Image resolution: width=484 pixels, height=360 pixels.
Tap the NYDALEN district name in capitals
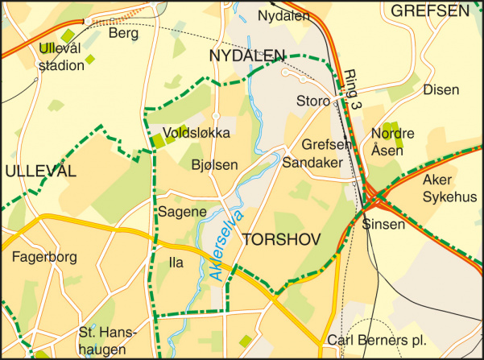coord(246,55)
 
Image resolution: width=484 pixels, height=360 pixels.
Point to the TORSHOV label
coord(281,240)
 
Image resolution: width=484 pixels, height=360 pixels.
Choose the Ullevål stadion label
coord(61,57)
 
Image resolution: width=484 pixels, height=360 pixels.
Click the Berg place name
coord(123,34)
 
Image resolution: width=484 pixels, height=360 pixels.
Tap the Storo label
coord(313,102)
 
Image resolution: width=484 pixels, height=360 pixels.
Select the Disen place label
coord(441,89)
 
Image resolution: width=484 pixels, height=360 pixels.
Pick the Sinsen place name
coord(383,225)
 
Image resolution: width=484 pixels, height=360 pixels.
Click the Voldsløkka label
coord(196,133)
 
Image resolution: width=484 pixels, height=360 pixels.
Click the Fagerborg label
coord(44,258)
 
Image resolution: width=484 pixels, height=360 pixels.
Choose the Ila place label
coord(176,263)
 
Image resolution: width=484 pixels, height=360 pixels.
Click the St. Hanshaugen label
coord(108,341)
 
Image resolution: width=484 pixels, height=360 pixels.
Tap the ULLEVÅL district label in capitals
coord(39,171)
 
